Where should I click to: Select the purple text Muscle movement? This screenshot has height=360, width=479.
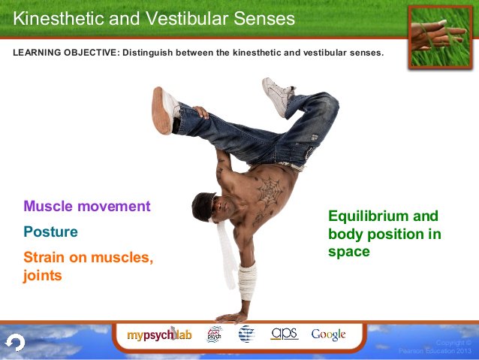click(87, 206)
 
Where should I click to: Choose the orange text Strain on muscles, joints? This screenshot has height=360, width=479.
click(88, 266)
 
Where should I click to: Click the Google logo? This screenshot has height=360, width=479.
click(329, 334)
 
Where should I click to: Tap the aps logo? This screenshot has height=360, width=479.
click(285, 334)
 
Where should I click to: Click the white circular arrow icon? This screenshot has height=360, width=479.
click(15, 343)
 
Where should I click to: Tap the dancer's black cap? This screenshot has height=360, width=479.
click(200, 202)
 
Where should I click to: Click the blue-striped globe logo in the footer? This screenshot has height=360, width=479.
click(246, 334)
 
